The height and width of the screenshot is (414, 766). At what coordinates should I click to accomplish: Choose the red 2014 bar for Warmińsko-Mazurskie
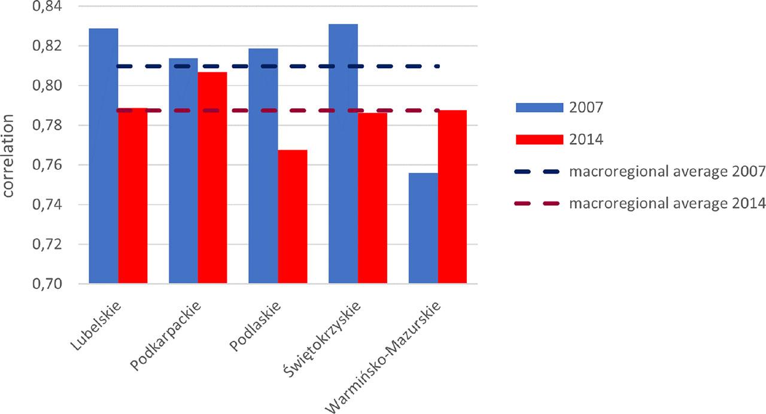(x=452, y=197)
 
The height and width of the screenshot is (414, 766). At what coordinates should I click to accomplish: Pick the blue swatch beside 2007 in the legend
(x=539, y=107)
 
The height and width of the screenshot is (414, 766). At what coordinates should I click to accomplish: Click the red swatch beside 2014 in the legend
(x=539, y=139)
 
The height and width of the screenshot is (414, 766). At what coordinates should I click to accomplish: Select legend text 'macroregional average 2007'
(x=667, y=172)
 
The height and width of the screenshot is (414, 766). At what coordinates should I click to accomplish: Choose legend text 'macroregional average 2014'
(x=667, y=204)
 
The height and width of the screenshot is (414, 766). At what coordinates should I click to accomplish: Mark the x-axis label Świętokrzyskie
(x=323, y=338)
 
